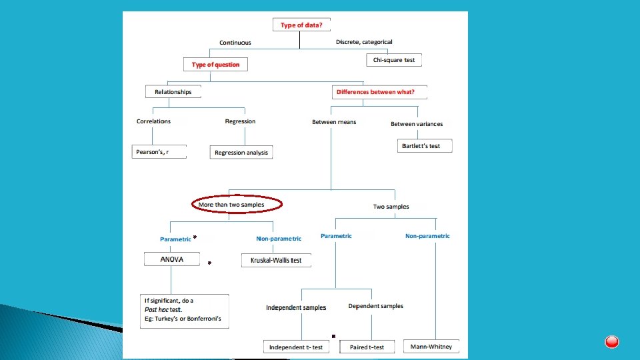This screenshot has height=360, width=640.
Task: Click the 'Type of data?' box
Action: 302,25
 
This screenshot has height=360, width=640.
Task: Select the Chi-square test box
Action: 394,60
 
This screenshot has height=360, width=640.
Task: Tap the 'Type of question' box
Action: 215,65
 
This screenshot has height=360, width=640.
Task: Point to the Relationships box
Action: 173,92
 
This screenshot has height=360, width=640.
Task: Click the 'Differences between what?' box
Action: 378,92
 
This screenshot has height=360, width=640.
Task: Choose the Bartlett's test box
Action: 425,145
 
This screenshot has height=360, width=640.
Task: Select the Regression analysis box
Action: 241,153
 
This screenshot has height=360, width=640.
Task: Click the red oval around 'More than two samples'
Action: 237,204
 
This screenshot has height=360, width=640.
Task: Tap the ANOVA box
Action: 171,259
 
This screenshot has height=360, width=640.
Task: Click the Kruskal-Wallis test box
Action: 276,260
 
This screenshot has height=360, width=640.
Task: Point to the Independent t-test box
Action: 296,347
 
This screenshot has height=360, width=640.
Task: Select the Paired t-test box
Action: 367,347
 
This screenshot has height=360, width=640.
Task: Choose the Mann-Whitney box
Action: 431,347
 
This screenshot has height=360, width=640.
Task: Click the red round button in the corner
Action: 612,342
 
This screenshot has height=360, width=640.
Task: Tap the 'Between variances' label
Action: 417,124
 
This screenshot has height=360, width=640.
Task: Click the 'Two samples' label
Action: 391,207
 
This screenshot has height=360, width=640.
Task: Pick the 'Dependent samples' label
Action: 375,306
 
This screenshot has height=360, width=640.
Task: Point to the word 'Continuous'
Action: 235,43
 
